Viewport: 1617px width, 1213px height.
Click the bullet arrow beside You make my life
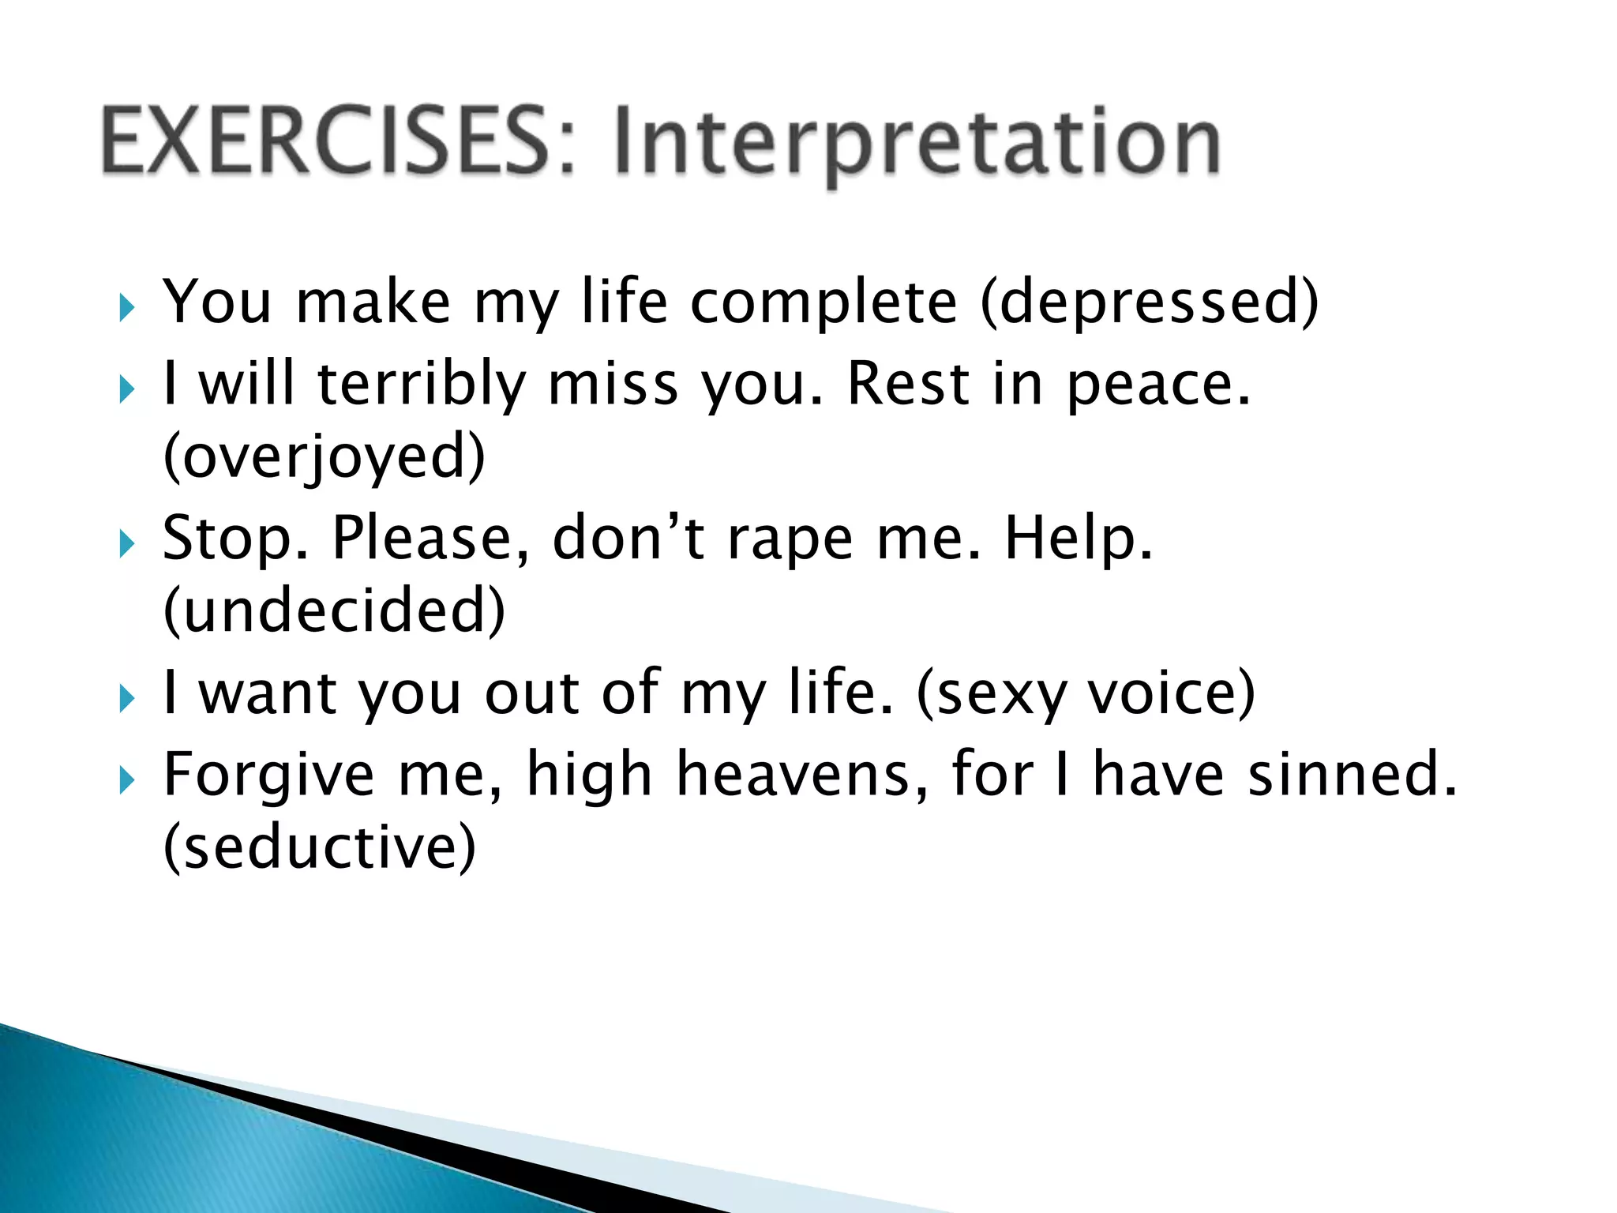click(127, 308)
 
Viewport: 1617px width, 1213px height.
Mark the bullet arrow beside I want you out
click(127, 699)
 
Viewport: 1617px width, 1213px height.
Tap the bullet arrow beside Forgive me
click(127, 781)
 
